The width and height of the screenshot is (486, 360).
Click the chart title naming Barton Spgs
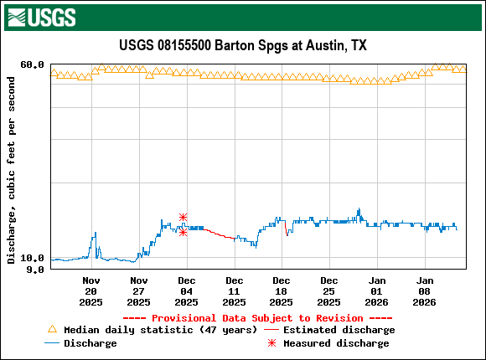[x=242, y=45]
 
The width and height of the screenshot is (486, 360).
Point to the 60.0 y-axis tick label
[x=32, y=64]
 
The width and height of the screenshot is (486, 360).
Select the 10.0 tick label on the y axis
[x=32, y=259]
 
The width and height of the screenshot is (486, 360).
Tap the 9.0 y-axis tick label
[x=35, y=270]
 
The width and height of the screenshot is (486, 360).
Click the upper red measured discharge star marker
[x=183, y=218]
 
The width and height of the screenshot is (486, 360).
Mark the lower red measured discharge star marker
[x=183, y=232]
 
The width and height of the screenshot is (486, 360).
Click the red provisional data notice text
[x=257, y=318]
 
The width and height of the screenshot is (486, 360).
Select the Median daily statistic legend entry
[x=159, y=330]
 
